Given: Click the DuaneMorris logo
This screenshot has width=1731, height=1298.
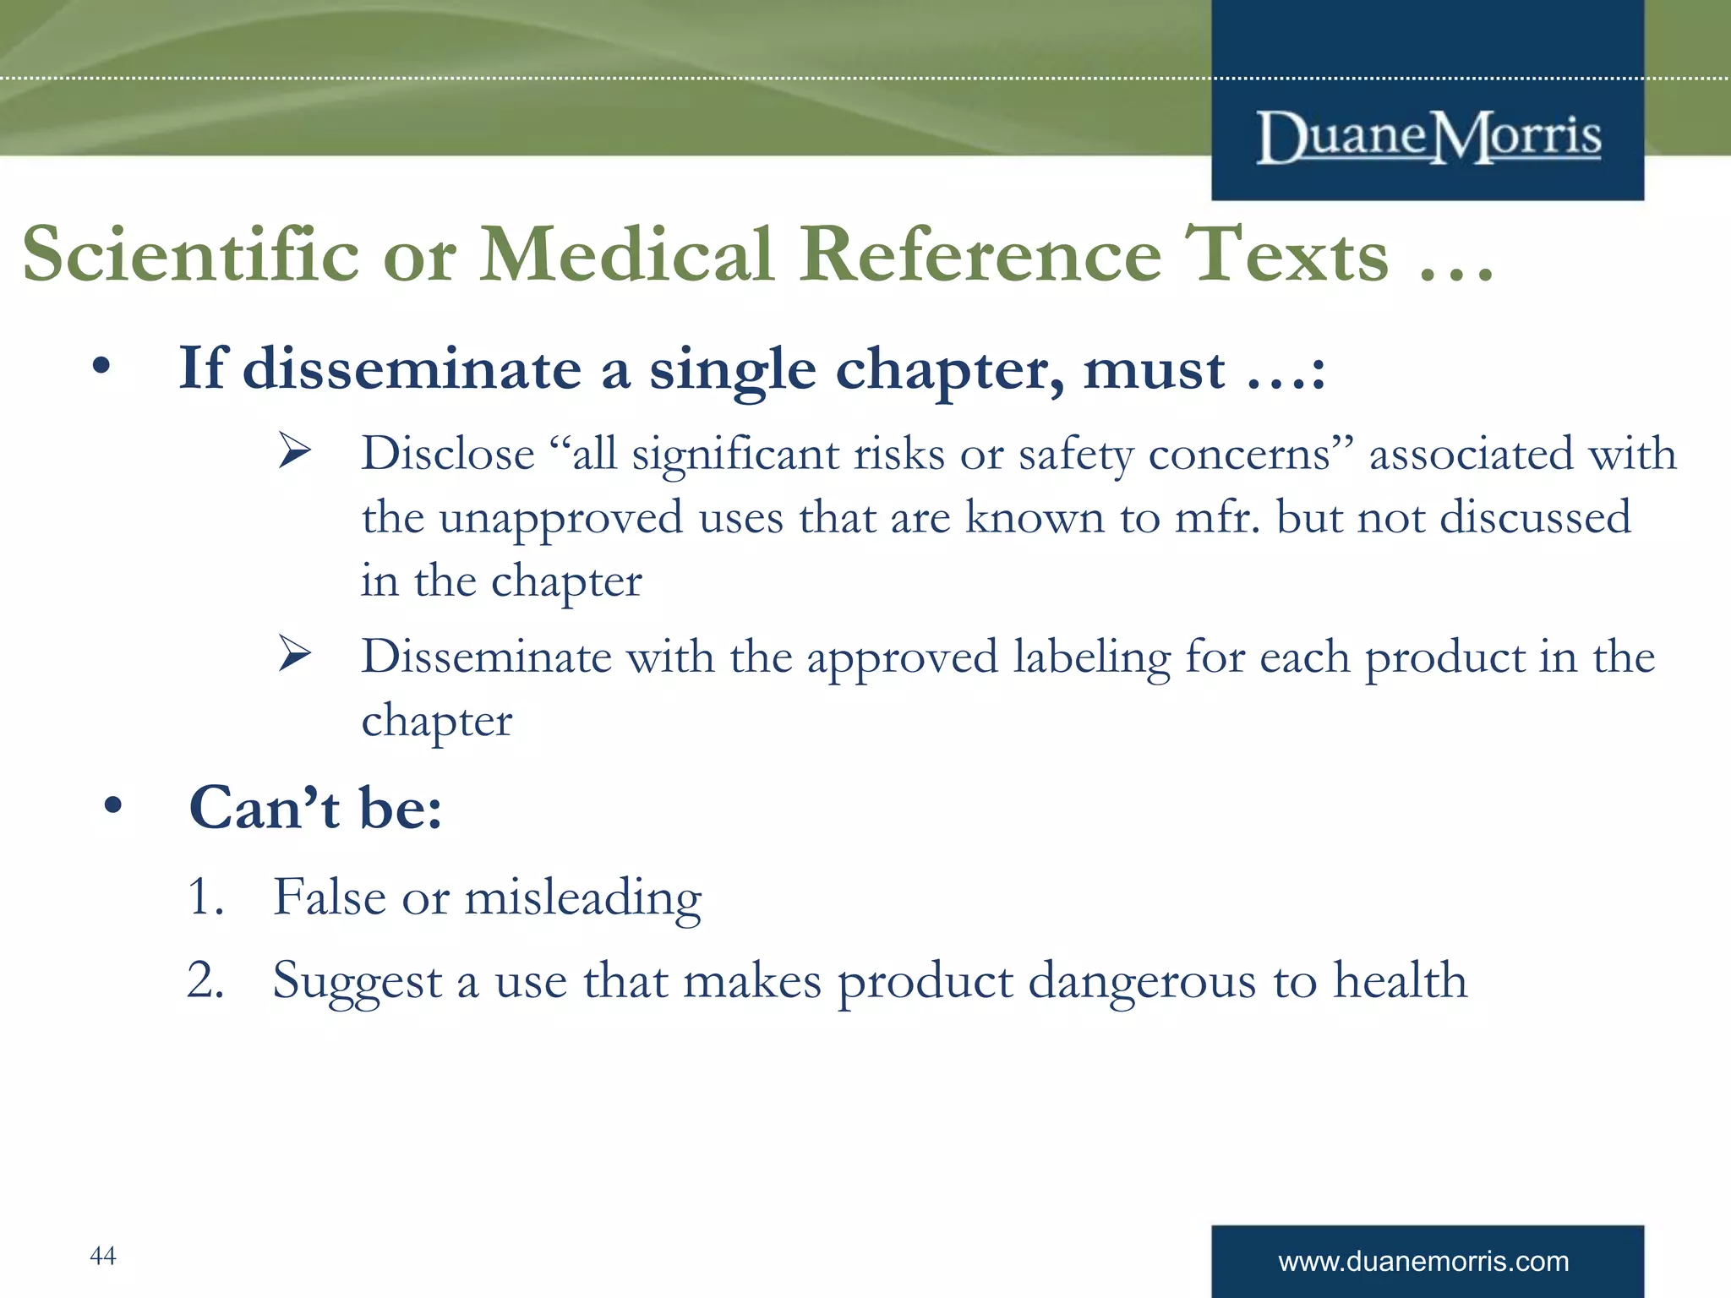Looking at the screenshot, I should coord(1428,136).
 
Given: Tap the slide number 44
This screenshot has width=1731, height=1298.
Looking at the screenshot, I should coord(102,1256).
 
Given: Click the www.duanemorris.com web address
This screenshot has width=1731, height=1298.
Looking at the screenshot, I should coord(1423,1262).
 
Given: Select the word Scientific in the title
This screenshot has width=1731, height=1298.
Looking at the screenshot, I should coord(191,254).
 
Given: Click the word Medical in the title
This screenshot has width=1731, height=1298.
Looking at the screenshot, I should coord(626,254).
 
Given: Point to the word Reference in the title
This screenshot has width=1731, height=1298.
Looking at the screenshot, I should coord(980,254).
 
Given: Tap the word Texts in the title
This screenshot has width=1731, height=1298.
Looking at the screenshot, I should coord(1286,254).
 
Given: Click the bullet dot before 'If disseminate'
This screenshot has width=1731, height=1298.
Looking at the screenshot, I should coord(101,367).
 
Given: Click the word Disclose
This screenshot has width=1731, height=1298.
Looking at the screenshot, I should coord(448,454).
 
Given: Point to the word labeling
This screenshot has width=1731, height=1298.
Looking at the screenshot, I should coord(1091,658).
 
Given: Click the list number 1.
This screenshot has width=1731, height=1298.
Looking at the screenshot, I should coord(205,897).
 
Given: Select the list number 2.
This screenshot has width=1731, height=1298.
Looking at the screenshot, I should coord(205,980).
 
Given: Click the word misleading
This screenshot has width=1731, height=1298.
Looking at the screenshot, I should coord(583,897).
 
